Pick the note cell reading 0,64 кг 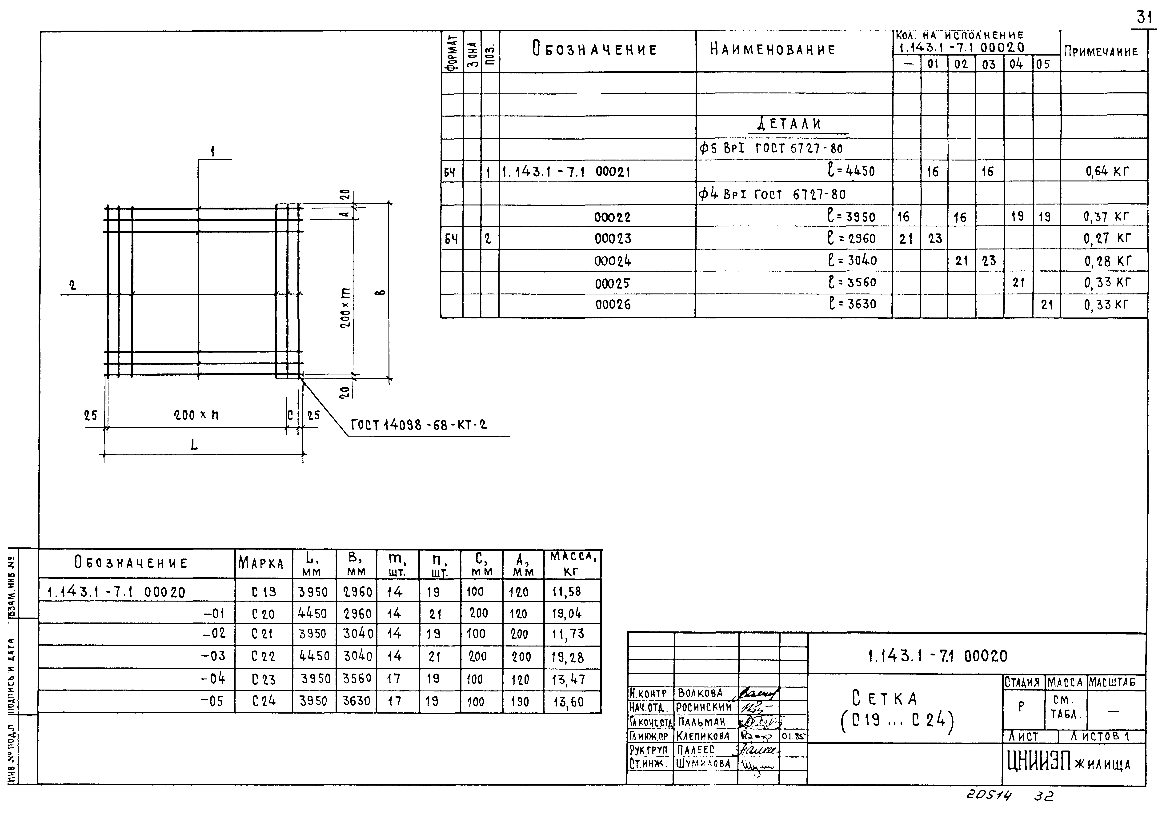(x=1108, y=172)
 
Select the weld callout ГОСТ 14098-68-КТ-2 (x=419, y=425)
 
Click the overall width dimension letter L (x=194, y=444)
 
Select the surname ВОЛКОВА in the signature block (x=700, y=694)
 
